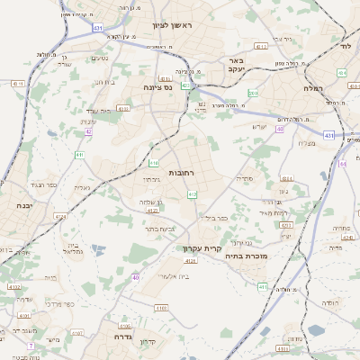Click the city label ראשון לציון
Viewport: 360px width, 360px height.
pyautogui.click(x=174, y=26)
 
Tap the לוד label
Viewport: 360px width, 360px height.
pyautogui.click(x=344, y=44)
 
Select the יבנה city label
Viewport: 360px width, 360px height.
pyautogui.click(x=26, y=206)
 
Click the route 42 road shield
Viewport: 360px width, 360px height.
pyautogui.click(x=88, y=132)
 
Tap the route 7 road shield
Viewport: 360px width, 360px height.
pyautogui.click(x=30, y=346)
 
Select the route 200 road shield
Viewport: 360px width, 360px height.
pyautogui.click(x=254, y=94)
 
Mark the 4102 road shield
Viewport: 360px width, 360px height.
pyautogui.click(x=15, y=287)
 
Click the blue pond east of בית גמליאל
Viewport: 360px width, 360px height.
pyautogui.click(x=97, y=249)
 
